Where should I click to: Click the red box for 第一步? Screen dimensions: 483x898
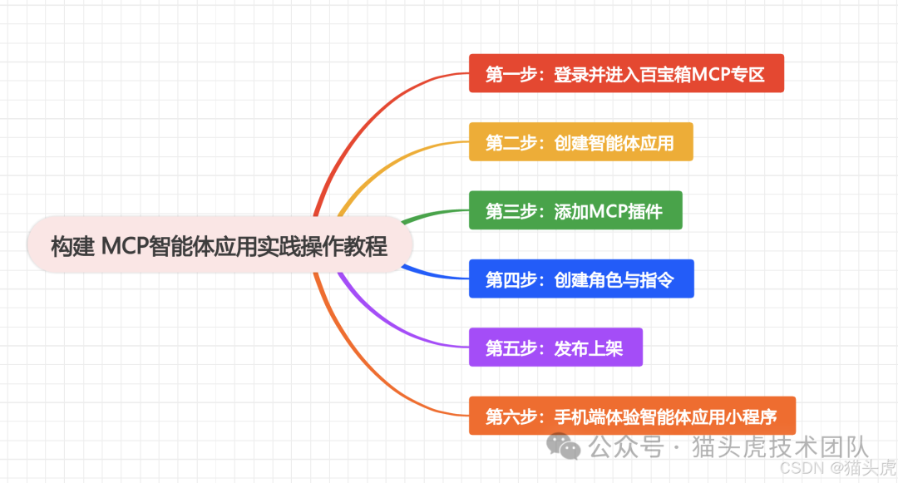pyautogui.click(x=626, y=74)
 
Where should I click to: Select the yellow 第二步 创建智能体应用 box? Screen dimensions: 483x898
pyautogui.click(x=580, y=142)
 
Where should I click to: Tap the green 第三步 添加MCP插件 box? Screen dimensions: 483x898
pyautogui.click(x=575, y=210)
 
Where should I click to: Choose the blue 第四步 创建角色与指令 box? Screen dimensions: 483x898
pyautogui.click(x=580, y=278)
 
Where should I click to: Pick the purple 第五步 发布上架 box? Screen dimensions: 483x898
pyautogui.click(x=555, y=347)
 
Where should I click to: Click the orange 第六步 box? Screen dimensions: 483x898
pyautogui.click(x=632, y=416)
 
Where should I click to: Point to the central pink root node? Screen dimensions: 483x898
pyautogui.click(x=220, y=246)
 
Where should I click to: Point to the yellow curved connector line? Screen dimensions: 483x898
pyautogui.click(x=391, y=162)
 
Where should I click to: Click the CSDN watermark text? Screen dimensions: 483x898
pyautogui.click(x=801, y=467)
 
